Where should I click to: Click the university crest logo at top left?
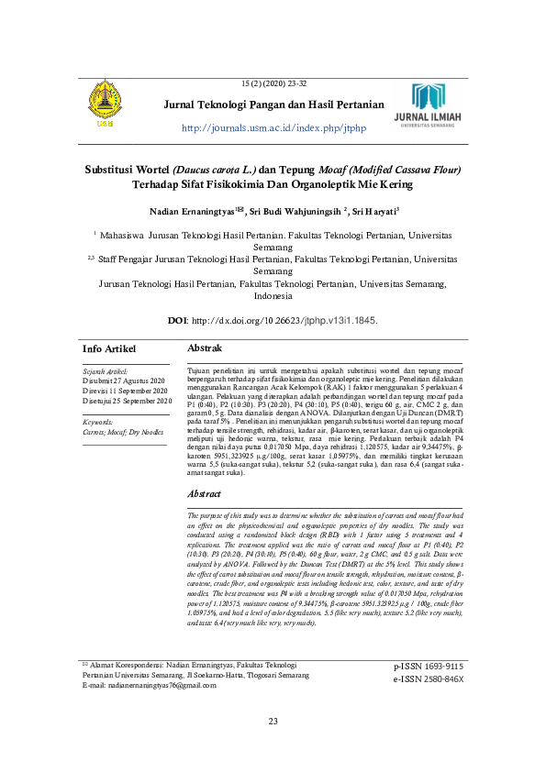(x=103, y=104)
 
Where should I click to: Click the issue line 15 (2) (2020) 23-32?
(x=273, y=84)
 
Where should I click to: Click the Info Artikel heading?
(x=109, y=349)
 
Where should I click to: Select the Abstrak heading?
(x=205, y=349)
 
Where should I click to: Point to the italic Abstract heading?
(x=205, y=494)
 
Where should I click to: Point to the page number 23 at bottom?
(x=273, y=747)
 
